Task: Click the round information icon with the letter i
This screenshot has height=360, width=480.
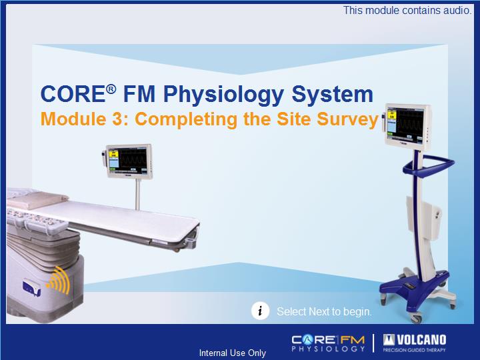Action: [x=260, y=311]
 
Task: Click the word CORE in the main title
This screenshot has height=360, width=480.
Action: [x=73, y=94]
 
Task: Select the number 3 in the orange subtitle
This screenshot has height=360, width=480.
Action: [x=117, y=119]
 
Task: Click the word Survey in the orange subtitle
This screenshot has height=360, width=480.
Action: [x=348, y=120]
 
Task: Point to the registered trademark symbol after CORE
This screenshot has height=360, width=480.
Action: [x=111, y=89]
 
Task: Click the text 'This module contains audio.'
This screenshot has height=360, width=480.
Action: [x=407, y=11]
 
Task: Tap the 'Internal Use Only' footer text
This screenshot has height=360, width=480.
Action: [x=233, y=353]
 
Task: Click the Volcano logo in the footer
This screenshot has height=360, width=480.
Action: [x=415, y=343]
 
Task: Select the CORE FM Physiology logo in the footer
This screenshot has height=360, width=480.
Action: [x=328, y=343]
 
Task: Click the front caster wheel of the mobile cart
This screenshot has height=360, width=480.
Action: [x=416, y=319]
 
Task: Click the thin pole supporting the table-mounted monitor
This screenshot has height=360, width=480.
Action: [x=138, y=194]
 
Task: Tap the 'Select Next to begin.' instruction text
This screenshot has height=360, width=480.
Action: [x=324, y=311]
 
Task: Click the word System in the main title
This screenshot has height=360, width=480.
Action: [x=333, y=95]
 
